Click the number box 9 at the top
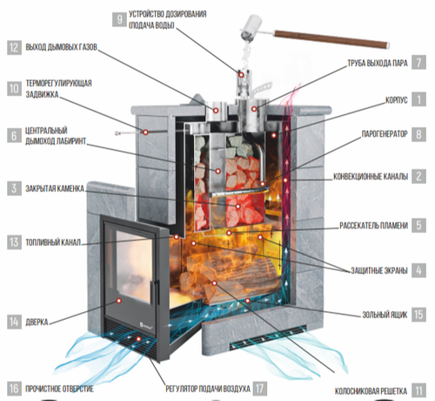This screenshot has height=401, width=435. pyautogui.click(x=119, y=19)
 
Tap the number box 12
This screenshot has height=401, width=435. pyautogui.click(x=14, y=47)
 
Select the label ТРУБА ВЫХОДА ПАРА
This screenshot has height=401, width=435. pyautogui.click(x=378, y=63)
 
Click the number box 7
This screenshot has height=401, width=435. pyautogui.click(x=418, y=62)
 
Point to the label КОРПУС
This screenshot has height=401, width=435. pyautogui.click(x=397, y=100)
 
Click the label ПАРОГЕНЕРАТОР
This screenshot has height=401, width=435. pyautogui.click(x=385, y=134)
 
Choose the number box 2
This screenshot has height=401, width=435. pyautogui.click(x=418, y=176)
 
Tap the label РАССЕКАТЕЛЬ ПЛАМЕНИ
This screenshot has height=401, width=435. pyautogui.click(x=373, y=226)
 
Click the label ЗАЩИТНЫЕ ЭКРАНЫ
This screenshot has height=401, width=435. pyautogui.click(x=379, y=270)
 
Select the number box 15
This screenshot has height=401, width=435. pyautogui.click(x=418, y=315)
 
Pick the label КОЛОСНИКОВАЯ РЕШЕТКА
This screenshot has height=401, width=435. pyautogui.click(x=371, y=391)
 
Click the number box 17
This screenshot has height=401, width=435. pyautogui.click(x=260, y=389)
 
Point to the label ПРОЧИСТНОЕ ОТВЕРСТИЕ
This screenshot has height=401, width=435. pyautogui.click(x=59, y=389)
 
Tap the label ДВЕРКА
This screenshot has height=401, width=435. pyautogui.click(x=37, y=323)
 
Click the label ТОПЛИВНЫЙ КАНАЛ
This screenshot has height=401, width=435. pyautogui.click(x=53, y=242)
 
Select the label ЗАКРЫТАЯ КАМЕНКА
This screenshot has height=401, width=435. pyautogui.click(x=55, y=188)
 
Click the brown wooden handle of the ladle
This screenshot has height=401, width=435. pyautogui.click(x=331, y=39)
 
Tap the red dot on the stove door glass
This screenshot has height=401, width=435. pyautogui.click(x=118, y=301)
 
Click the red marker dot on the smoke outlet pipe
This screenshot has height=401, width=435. pyautogui.click(x=216, y=111)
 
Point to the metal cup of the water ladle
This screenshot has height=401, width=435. pyautogui.click(x=251, y=28)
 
